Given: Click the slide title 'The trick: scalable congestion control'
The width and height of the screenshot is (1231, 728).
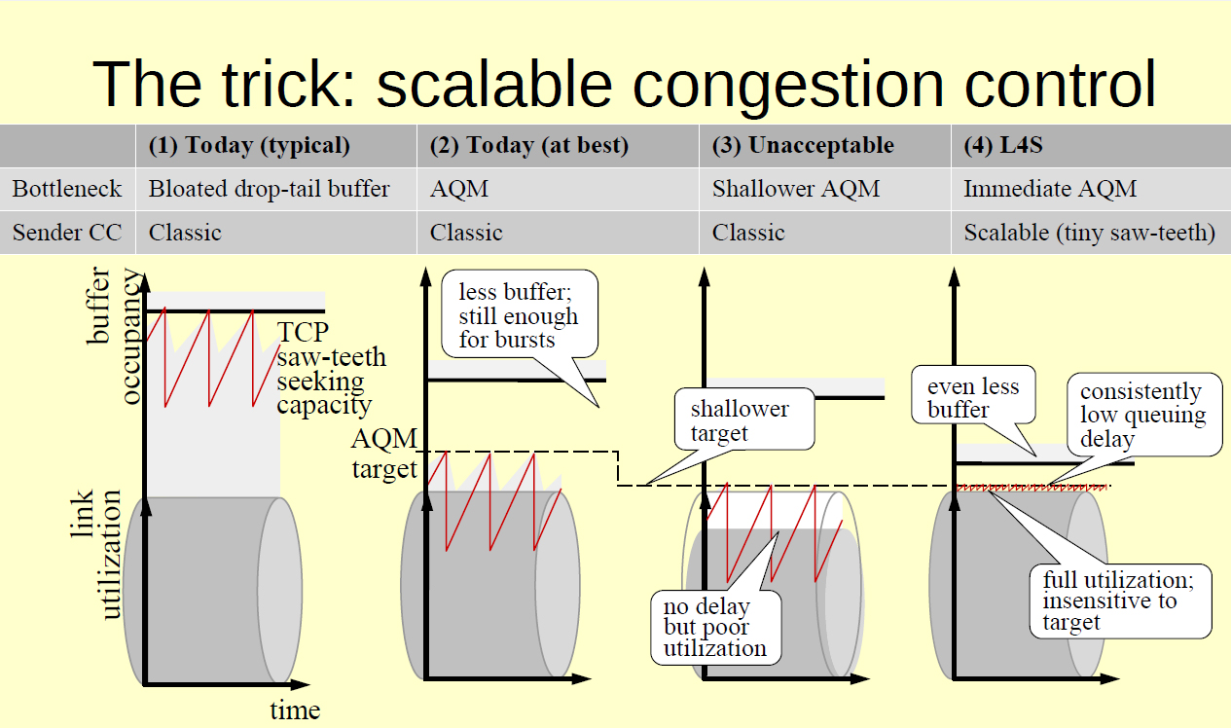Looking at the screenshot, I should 624,84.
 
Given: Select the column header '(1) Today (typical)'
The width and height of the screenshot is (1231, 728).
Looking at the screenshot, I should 248,146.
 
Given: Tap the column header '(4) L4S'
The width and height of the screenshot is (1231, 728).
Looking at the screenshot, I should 1003,146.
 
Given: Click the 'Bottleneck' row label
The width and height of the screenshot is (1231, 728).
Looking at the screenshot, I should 67,189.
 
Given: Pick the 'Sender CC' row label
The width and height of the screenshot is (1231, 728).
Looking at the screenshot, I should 66,233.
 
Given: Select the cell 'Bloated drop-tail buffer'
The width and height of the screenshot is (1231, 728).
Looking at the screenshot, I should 269,189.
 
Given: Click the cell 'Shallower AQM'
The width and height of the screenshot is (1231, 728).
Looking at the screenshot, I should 795,189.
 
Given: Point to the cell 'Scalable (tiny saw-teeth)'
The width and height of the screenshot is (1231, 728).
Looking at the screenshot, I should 1089,233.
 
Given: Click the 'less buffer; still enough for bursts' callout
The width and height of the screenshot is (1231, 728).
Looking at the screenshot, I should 518,314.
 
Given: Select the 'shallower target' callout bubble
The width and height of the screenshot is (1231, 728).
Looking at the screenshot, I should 740,420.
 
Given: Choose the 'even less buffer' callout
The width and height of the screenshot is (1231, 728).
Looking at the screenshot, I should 973,397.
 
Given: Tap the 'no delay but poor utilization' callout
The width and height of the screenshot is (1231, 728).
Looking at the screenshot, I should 715,627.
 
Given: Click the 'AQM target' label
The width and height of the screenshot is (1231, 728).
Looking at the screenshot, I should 383,454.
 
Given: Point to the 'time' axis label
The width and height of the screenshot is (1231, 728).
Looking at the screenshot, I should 295,710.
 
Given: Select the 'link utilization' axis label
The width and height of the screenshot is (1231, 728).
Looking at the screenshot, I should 96,555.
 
